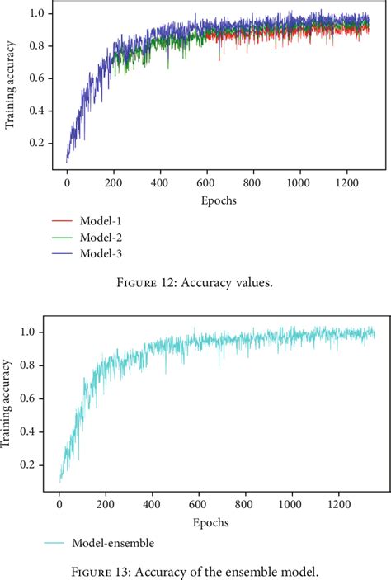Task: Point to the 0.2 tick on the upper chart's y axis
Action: coord(35,143)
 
